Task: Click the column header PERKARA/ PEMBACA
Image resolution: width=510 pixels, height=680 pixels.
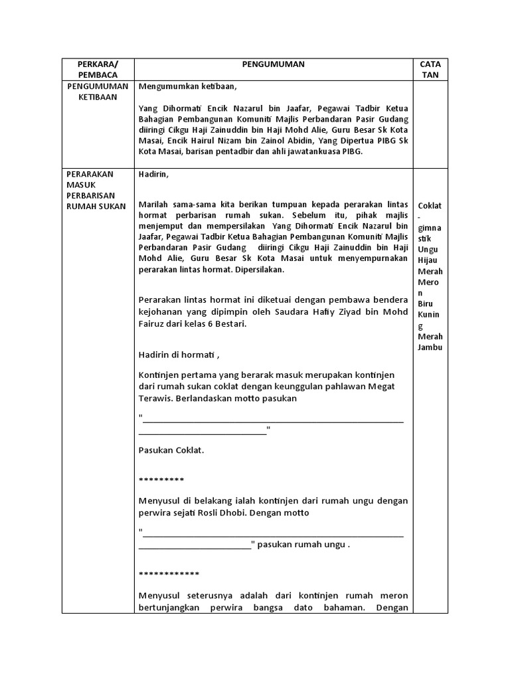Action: point(98,69)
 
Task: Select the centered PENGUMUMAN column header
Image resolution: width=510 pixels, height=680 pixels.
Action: point(274,64)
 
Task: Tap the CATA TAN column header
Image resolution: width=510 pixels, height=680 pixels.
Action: point(430,69)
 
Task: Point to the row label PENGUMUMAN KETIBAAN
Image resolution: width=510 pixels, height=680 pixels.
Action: point(98,91)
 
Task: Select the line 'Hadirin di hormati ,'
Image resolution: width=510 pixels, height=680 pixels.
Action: point(179,354)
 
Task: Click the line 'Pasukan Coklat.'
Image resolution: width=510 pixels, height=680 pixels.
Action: point(171,450)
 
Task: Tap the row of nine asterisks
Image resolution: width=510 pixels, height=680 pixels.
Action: point(161,479)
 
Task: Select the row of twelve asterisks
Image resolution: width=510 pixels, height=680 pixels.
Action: point(169,574)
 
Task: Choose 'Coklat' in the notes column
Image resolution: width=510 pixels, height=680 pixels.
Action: point(430,205)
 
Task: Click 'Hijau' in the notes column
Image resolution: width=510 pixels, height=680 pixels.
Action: point(430,260)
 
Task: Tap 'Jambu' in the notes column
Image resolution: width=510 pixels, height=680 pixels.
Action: point(430,347)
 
